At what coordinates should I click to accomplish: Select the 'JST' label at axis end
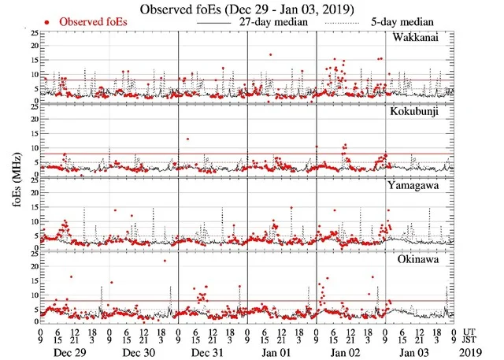point(470,340)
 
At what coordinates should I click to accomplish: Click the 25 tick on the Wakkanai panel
point(32,33)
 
